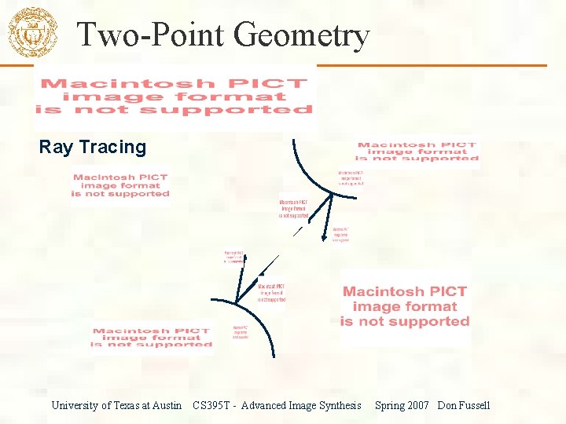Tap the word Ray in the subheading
[56, 147]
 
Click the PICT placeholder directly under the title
[175, 96]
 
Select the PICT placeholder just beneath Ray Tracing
[120, 185]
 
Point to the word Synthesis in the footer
[339, 405]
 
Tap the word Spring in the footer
[391, 405]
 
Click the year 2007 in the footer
[419, 405]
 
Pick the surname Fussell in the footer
[475, 405]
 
